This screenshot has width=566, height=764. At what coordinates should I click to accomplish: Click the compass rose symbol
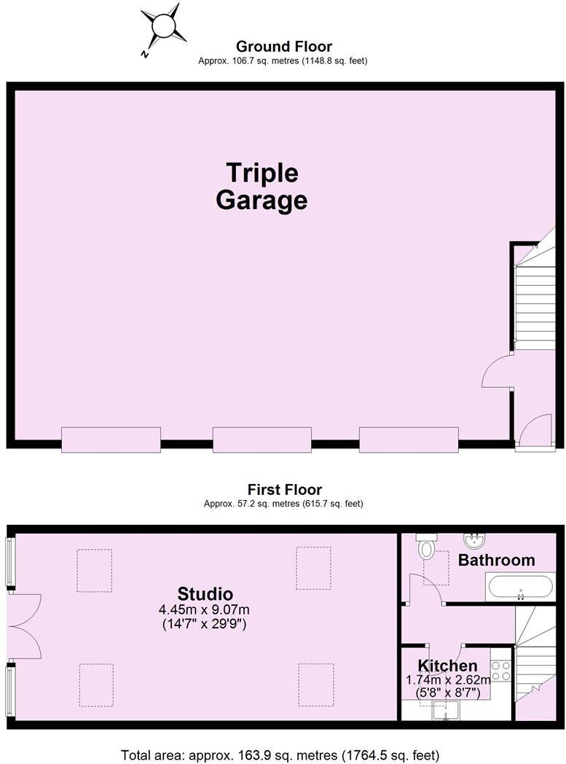(162, 28)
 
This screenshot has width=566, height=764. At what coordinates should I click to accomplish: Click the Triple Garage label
(261, 187)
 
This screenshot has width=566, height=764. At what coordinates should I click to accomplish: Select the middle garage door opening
(262, 440)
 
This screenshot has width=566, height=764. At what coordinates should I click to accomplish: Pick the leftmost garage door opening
(111, 440)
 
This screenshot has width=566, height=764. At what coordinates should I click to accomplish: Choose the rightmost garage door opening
(409, 440)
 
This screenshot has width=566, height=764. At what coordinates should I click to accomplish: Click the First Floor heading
(284, 490)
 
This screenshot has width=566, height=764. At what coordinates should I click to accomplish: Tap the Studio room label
(205, 593)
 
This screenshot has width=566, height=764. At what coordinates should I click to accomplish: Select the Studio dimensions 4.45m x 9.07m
(205, 609)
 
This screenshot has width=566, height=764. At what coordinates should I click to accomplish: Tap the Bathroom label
(496, 560)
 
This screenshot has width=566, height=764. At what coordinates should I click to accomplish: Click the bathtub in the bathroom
(520, 587)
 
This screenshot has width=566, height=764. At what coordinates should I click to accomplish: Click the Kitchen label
(447, 666)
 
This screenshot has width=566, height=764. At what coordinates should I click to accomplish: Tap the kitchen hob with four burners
(500, 671)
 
